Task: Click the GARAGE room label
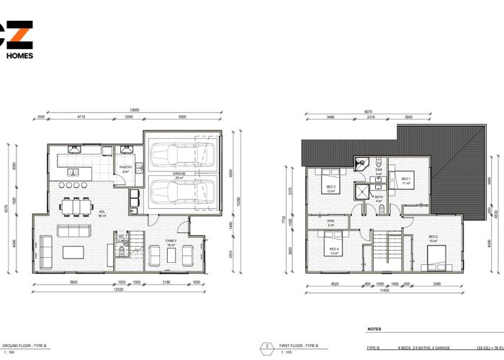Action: [x=179, y=174]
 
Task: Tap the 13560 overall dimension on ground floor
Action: [x=135, y=110]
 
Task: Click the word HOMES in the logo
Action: [x=19, y=54]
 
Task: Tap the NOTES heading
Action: [x=375, y=328]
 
